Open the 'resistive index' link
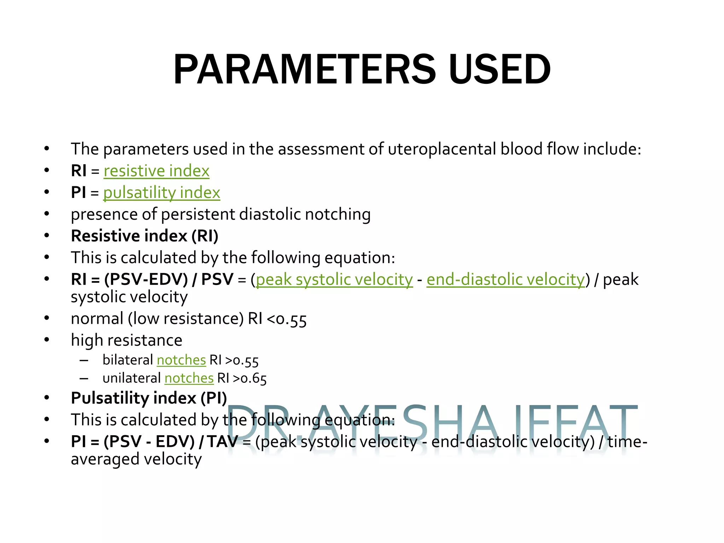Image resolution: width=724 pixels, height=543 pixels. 156,171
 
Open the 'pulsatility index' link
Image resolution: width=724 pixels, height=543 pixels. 162,193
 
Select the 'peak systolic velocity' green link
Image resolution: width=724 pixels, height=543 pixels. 334,280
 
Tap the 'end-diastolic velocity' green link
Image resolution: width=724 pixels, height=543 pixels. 506,280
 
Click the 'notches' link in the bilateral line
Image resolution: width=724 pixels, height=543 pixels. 181,360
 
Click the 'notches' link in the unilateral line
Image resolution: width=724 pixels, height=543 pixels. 189,378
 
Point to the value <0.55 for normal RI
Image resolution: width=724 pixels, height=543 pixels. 287,319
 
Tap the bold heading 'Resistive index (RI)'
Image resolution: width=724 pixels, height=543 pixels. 145,236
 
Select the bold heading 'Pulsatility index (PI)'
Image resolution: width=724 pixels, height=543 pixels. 149,398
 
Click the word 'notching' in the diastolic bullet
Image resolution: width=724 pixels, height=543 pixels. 338,215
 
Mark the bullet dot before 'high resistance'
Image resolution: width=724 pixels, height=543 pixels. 47,340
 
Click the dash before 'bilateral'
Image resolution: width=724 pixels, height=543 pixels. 84,361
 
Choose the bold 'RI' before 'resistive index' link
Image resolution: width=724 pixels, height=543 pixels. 78,171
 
